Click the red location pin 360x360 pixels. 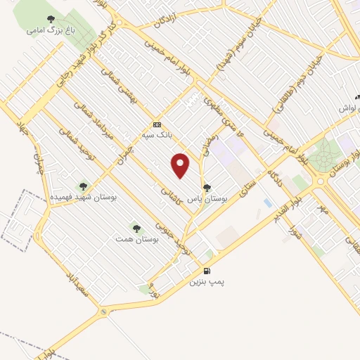[181, 165]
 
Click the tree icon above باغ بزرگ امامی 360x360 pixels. [49, 20]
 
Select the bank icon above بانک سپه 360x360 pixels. [156, 124]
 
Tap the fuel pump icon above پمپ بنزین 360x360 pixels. [207, 271]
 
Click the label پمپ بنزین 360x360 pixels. [207, 281]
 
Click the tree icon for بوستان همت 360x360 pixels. [136, 228]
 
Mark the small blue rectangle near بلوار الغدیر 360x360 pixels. [268, 202]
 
